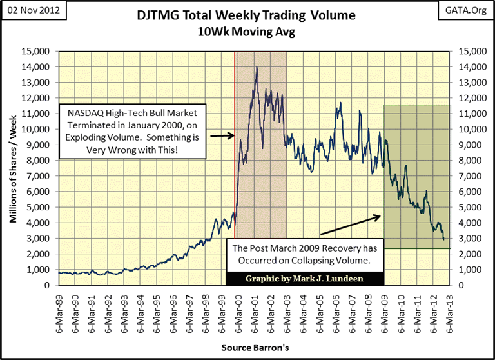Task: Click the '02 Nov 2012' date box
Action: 28,9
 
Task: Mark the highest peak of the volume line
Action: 257,66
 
